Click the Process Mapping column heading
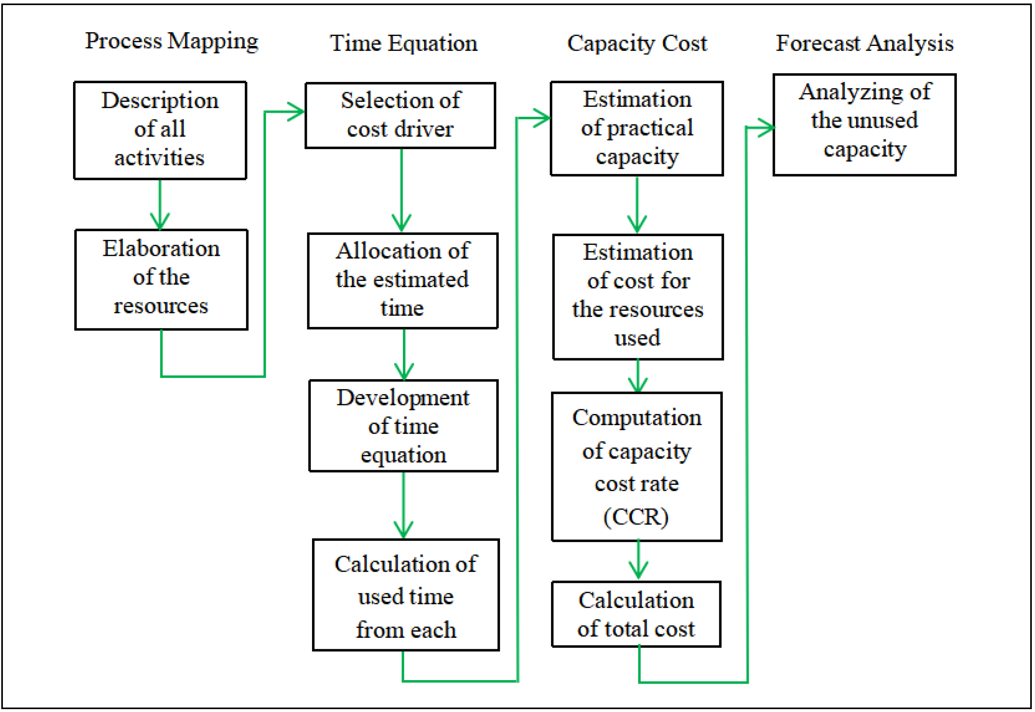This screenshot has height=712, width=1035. point(171,41)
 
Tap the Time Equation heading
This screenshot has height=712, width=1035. point(403,43)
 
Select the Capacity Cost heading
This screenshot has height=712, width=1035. point(637,43)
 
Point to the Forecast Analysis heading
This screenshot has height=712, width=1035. point(864,43)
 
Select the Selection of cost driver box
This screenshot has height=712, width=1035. point(400,115)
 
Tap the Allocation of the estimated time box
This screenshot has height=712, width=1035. point(402,280)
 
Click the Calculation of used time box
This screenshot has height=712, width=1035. point(406,595)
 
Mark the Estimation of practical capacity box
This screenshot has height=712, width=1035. point(637,128)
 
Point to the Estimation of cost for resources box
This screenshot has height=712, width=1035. point(637,297)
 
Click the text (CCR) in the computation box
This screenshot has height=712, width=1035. point(636,517)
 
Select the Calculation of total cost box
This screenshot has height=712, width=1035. point(636,614)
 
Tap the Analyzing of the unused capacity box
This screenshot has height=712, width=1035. point(864,125)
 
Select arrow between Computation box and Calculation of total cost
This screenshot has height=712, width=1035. point(638,560)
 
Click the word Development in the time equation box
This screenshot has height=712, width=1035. point(403,397)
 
